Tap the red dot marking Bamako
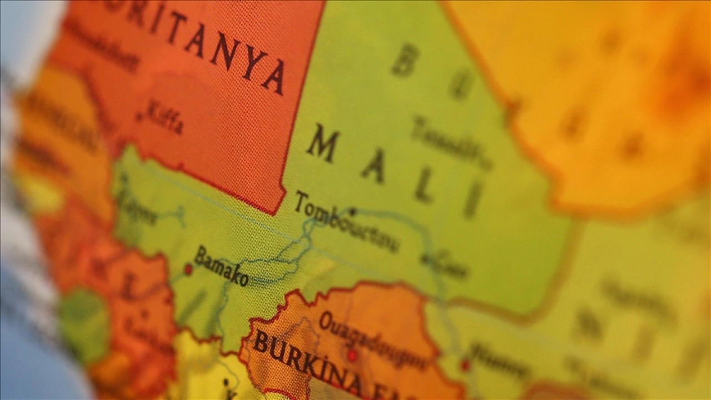click(188, 269)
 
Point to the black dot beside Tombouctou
click(352, 211)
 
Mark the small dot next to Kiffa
click(139, 117)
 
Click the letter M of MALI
click(323, 143)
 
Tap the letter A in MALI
click(373, 166)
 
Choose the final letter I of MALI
click(473, 199)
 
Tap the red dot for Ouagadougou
click(352, 355)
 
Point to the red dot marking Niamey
click(465, 365)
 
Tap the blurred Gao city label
click(451, 266)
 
